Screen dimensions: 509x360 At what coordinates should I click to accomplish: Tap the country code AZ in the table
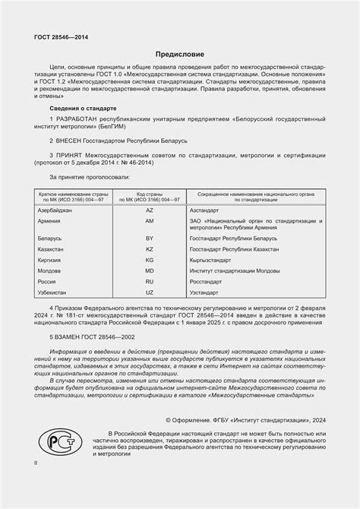click(149, 208)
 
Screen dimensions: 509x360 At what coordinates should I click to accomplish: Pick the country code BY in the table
click(149, 238)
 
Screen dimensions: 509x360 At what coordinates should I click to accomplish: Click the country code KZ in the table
click(149, 248)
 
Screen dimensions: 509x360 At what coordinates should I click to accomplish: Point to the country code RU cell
click(149, 280)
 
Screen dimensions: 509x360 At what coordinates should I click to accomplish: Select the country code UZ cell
click(149, 292)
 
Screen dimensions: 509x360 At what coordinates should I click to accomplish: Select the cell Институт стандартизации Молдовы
click(235, 270)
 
